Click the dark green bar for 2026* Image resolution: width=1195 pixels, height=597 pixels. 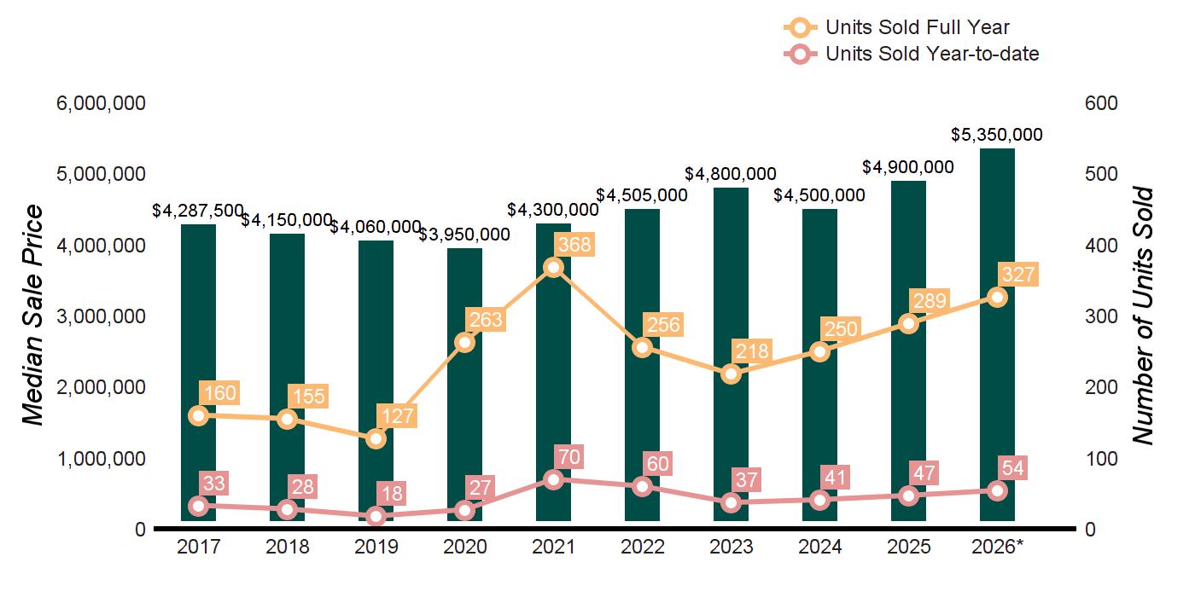click(997, 334)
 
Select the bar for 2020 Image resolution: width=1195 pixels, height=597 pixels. click(464, 385)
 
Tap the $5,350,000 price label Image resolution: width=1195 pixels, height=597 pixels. click(997, 135)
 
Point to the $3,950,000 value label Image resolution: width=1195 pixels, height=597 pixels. click(464, 235)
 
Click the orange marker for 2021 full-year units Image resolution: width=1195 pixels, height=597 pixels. click(554, 268)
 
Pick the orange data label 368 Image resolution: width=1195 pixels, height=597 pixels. click(574, 244)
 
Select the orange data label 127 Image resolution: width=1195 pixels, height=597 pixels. click(398, 416)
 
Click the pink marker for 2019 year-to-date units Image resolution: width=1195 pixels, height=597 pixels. click(376, 516)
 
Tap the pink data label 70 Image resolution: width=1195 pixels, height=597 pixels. click(568, 457)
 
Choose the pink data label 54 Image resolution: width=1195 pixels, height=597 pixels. click(1012, 468)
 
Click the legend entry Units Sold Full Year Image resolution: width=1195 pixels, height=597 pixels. click(896, 27)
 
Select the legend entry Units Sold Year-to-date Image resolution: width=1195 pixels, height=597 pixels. click(912, 54)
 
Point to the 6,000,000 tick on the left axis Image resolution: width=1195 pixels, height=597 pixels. click(101, 103)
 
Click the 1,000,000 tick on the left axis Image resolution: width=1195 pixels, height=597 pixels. click(101, 459)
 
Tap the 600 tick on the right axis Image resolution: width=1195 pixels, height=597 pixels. click(1101, 103)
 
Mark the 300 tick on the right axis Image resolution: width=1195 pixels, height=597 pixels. click(1101, 316)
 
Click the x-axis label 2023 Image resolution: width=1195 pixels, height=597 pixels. click(731, 547)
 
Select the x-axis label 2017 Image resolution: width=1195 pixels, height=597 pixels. click(198, 547)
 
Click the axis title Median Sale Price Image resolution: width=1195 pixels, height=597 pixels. click(33, 315)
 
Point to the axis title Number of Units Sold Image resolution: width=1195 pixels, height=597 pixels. click(1143, 316)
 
